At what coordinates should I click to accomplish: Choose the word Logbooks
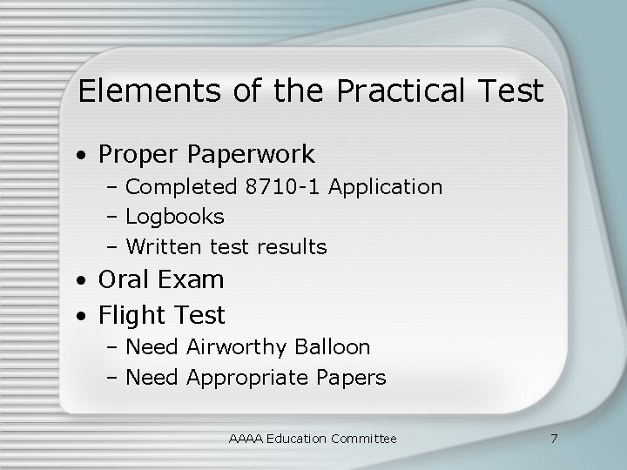click(x=175, y=217)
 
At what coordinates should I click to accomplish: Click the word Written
click(x=164, y=247)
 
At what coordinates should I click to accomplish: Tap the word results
click(x=292, y=247)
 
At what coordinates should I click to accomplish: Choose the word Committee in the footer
click(x=364, y=439)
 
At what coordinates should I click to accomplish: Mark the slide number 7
click(x=554, y=438)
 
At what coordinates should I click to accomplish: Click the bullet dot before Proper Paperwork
click(x=80, y=157)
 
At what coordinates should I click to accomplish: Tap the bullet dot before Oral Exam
click(x=80, y=282)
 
